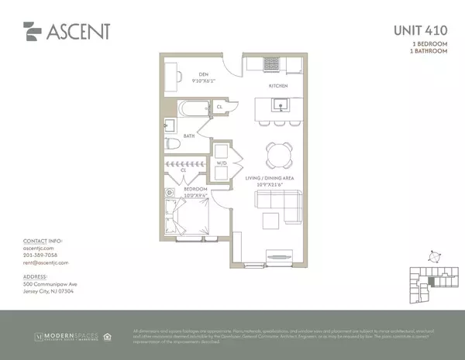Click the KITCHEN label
click(278, 86)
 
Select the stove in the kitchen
click(272, 64)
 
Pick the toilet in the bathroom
click(174, 144)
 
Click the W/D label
click(220, 163)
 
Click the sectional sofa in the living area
click(281, 204)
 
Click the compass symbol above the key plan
click(436, 255)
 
